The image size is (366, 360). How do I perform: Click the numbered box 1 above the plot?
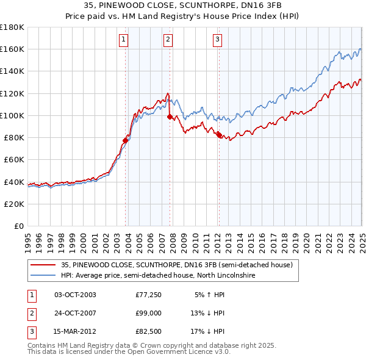click(x=123, y=40)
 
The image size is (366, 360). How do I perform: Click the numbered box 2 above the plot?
click(x=168, y=40)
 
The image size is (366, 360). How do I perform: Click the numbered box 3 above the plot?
click(x=217, y=40)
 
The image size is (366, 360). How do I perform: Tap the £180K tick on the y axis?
click(x=12, y=27)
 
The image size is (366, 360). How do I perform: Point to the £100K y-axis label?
click(x=12, y=115)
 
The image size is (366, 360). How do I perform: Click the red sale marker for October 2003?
click(x=125, y=140)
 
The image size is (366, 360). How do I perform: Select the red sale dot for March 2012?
click(x=219, y=135)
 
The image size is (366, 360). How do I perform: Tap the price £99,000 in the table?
click(x=148, y=314)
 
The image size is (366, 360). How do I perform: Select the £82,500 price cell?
click(x=148, y=331)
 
